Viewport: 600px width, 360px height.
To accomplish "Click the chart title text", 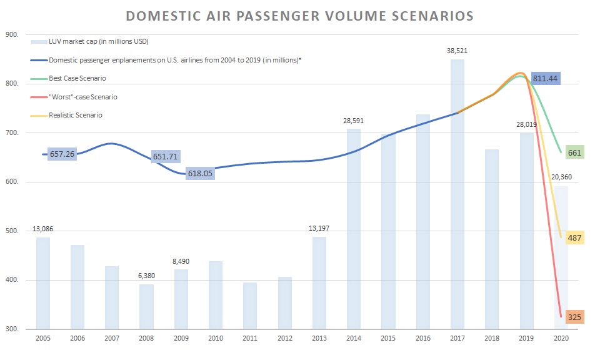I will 299,16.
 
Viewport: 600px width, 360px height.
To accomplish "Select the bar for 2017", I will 457,194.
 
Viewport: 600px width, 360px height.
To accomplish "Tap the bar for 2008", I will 146,306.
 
